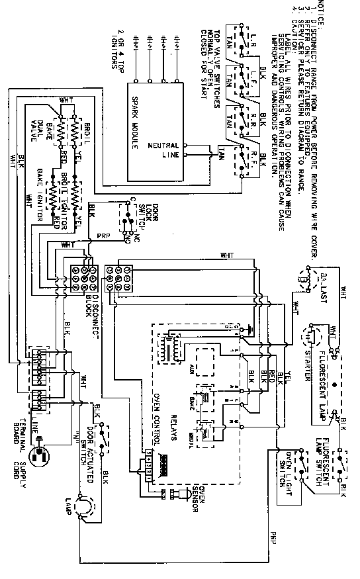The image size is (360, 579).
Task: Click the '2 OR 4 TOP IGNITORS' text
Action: pos(119,48)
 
